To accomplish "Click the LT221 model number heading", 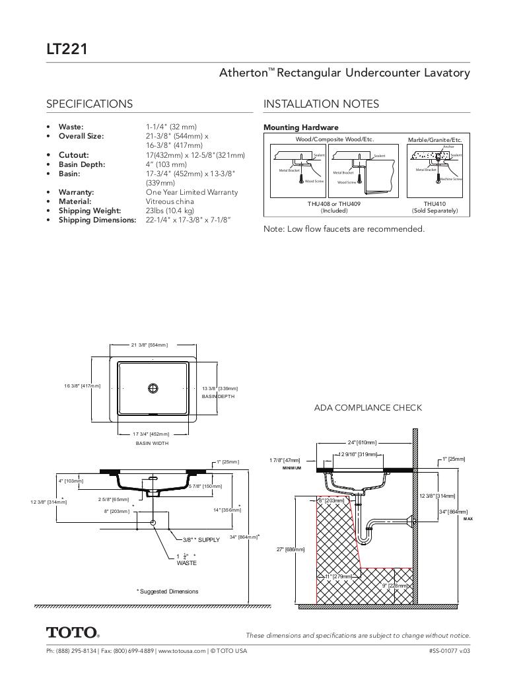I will [67, 49].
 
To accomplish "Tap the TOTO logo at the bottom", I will [73, 632].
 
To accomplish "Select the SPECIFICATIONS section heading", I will [89, 104].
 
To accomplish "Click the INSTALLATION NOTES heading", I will [321, 104].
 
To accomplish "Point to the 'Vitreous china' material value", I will [170, 201].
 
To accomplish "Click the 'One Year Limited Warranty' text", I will [192, 192].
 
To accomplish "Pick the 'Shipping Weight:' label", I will [84, 211].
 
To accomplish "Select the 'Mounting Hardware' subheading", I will [300, 127].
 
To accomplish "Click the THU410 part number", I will [435, 204].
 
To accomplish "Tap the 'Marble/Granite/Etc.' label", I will [435, 140].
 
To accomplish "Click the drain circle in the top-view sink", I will [153, 388].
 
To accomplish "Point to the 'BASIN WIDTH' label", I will [152, 443].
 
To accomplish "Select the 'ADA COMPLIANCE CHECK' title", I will [368, 408].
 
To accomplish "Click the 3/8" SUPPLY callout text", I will [201, 540].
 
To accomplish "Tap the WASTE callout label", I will [186, 563].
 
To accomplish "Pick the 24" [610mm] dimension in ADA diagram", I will [362, 442].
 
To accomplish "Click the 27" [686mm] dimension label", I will [291, 549].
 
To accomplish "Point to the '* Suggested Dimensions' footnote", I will [167, 591].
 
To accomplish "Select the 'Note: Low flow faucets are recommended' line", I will [343, 229].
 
